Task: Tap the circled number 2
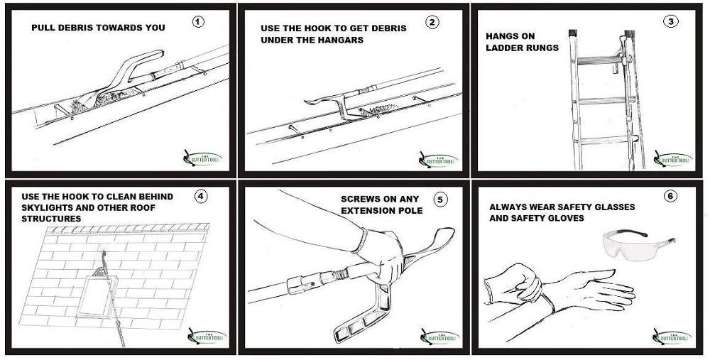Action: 432,21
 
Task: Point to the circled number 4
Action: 202,197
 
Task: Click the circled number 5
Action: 441,199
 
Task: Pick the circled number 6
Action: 668,195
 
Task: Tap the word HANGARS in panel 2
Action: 340,40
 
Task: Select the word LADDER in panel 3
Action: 505,48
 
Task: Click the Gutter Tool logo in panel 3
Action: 672,158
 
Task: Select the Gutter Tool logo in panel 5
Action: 438,335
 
